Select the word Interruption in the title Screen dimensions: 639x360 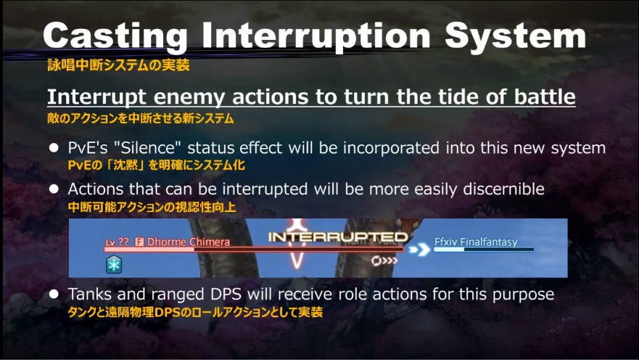[x=316, y=36]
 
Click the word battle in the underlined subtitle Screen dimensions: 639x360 [x=545, y=97]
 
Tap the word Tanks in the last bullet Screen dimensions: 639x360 [x=90, y=294]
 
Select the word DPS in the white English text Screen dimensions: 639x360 [x=226, y=294]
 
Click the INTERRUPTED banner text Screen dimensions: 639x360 [x=338, y=237]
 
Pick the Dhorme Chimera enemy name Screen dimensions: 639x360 [x=189, y=242]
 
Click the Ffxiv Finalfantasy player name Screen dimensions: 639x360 [x=476, y=242]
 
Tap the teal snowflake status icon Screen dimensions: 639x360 [x=114, y=264]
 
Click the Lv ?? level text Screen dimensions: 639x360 [x=117, y=242]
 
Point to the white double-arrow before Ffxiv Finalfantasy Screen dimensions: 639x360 [x=419, y=249]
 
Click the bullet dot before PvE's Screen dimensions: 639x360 [x=54, y=147]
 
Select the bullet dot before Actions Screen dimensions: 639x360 [x=54, y=189]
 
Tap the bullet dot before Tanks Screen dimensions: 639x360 [x=54, y=294]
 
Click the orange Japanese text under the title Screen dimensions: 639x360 [x=119, y=65]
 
